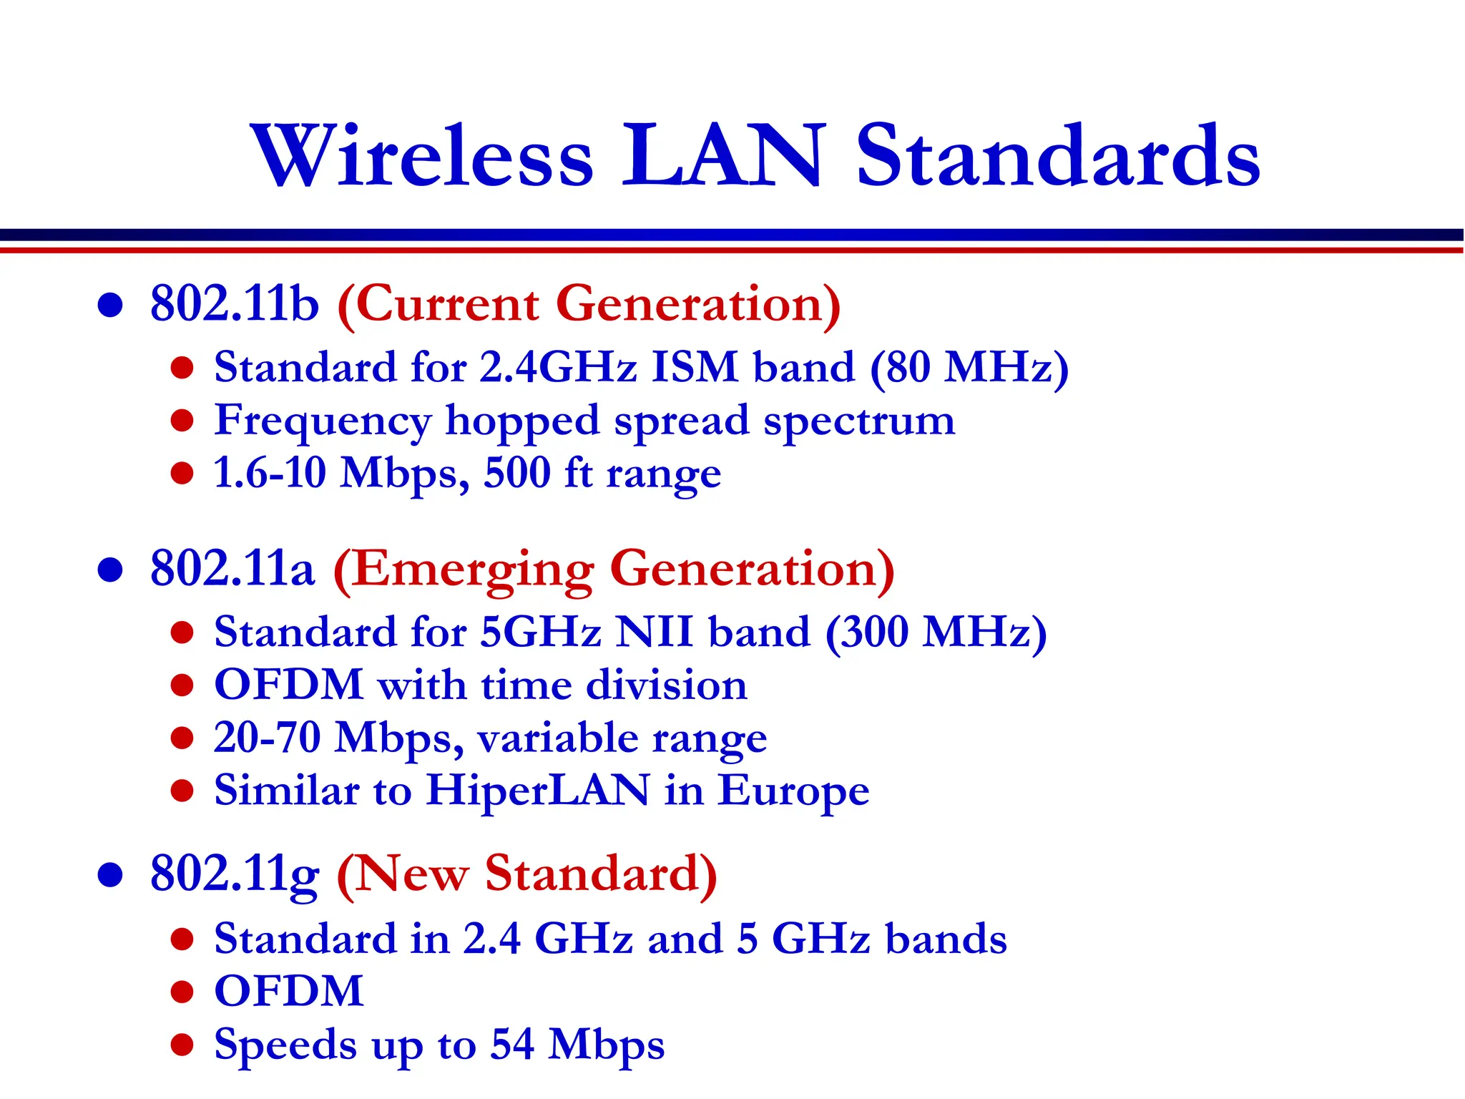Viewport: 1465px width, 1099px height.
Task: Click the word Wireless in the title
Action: click(422, 156)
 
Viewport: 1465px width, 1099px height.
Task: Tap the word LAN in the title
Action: click(722, 156)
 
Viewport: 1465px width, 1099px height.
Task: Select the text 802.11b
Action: click(234, 303)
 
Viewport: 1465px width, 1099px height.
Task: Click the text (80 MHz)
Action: click(969, 368)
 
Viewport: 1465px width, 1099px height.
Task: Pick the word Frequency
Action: click(323, 421)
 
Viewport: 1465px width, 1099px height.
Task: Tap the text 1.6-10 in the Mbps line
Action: click(270, 473)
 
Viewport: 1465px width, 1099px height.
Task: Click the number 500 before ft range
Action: click(517, 473)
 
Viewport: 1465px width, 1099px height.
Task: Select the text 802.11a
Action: click(232, 569)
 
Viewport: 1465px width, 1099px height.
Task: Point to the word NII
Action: click(655, 632)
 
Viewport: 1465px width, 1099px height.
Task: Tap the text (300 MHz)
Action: click(936, 632)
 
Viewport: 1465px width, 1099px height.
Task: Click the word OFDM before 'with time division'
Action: click(289, 685)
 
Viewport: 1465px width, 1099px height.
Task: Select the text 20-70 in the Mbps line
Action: click(267, 738)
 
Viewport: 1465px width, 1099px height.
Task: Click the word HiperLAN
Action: click(538, 791)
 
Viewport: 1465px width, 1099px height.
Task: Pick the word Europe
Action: click(793, 791)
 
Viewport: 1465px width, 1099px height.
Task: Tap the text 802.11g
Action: click(234, 874)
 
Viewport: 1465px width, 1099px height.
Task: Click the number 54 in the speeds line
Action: click(512, 1044)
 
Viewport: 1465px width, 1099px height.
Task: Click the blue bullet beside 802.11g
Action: click(110, 874)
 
